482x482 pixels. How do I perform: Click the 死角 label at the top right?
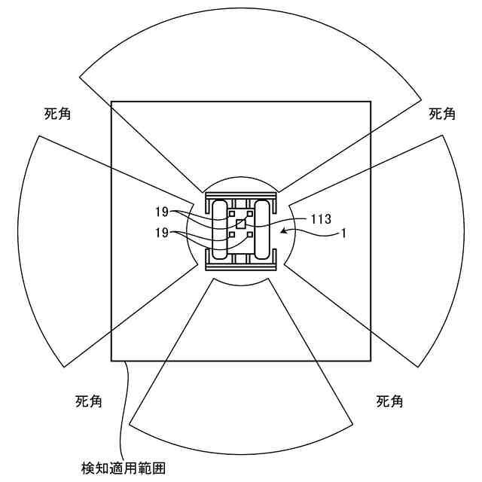click(x=442, y=114)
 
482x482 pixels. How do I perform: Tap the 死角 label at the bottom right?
click(x=389, y=401)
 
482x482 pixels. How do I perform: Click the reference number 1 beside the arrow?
click(x=343, y=233)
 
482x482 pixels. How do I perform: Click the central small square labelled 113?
click(x=241, y=224)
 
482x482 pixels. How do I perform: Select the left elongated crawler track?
click(x=221, y=231)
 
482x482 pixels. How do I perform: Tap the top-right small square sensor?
click(x=251, y=214)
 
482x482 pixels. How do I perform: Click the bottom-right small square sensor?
click(x=249, y=234)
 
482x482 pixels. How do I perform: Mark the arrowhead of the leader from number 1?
click(x=282, y=232)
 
